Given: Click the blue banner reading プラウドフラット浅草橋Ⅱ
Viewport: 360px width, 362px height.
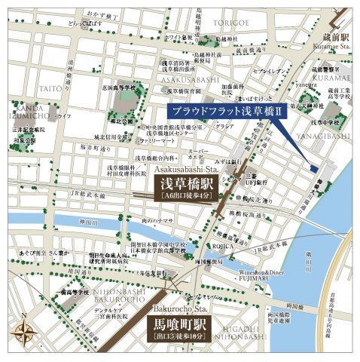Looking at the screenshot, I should (x=227, y=111).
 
